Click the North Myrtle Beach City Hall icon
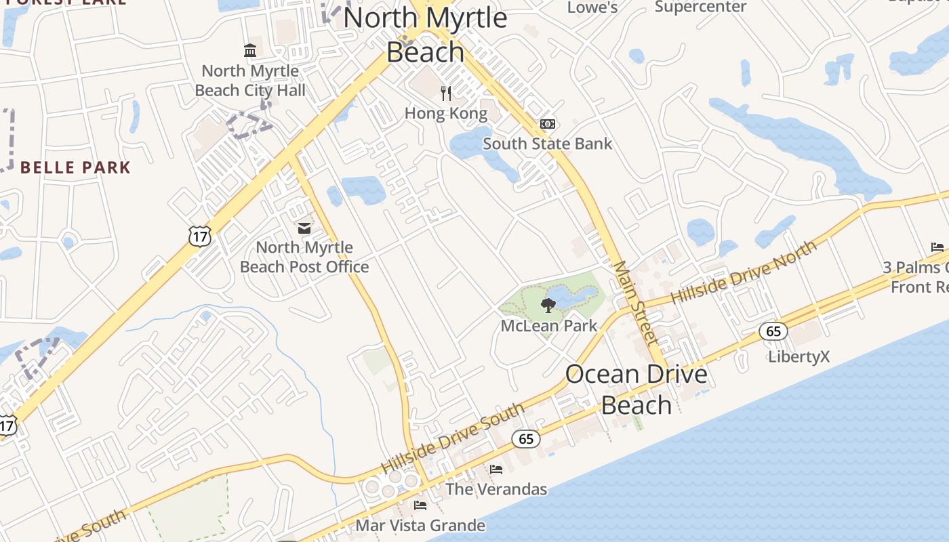[x=250, y=51]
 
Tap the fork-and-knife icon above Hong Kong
[x=446, y=93]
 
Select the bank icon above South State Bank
[x=548, y=124]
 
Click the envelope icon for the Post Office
[x=304, y=228]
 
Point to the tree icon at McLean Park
[x=548, y=306]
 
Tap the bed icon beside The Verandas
[x=496, y=469]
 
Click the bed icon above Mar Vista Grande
[x=420, y=505]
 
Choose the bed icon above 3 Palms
[x=937, y=247]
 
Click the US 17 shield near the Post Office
[x=200, y=235]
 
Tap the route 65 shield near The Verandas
[x=526, y=439]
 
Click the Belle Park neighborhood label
[x=75, y=167]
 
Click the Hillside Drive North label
[x=744, y=273]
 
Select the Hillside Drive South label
[x=452, y=438]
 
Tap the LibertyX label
[x=799, y=356]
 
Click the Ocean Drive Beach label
[x=636, y=390]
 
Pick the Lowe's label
[x=592, y=7]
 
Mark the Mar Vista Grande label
[x=420, y=525]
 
